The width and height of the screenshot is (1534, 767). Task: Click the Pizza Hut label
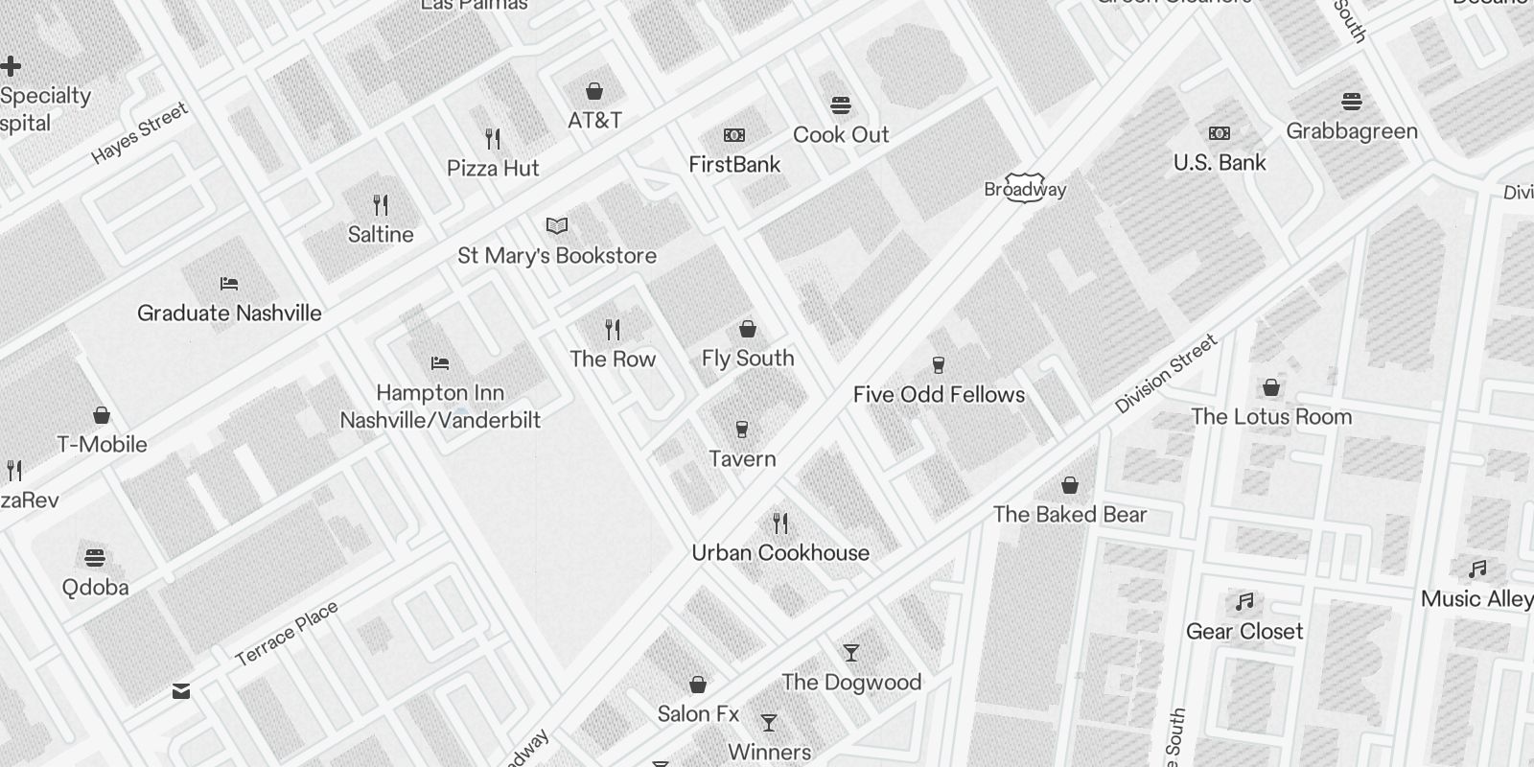pos(493,169)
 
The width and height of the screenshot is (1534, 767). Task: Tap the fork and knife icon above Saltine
pos(381,205)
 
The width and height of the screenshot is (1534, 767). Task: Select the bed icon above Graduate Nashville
pos(229,284)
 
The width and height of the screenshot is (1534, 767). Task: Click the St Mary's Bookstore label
pos(557,256)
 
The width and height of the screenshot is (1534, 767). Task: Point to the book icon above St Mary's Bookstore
pos(557,226)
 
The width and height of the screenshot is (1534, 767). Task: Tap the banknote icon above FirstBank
pos(734,135)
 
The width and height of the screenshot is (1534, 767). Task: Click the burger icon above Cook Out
pos(841,105)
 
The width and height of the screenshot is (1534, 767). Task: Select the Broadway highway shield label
pos(1025,190)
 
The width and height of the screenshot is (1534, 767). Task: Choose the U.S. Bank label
pos(1220,163)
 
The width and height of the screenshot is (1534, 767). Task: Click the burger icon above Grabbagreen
pos(1352,102)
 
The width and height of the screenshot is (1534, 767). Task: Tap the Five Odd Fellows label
pos(939,395)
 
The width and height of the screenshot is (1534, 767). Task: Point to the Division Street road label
pos(1166,374)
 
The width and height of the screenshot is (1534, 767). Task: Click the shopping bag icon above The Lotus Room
pos(1271,387)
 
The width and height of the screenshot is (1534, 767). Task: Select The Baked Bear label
pos(1070,515)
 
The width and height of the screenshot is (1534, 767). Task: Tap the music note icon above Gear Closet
pos(1244,602)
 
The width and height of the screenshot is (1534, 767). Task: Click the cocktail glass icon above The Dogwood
pos(851,653)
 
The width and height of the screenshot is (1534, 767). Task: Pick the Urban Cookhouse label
pos(780,553)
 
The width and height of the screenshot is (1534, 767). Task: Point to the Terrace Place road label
pos(287,634)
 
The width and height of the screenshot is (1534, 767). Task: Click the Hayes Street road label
pos(140,134)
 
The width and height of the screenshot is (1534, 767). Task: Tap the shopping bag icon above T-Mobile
pos(102,415)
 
